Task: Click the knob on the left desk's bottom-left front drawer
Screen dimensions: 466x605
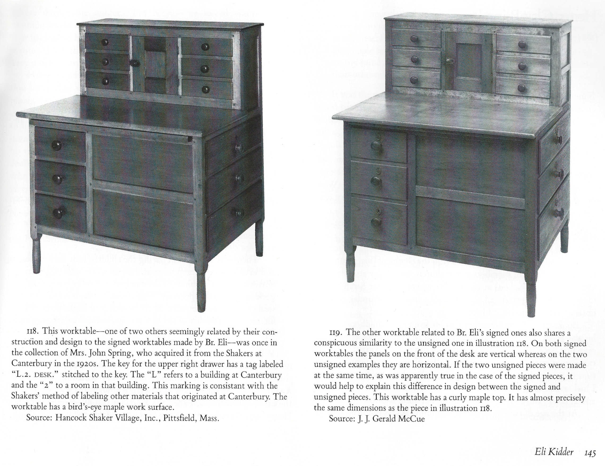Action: [x=58, y=213]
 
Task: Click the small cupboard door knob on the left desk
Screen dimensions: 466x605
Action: [x=135, y=63]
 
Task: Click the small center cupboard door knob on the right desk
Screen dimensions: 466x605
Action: [x=449, y=60]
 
